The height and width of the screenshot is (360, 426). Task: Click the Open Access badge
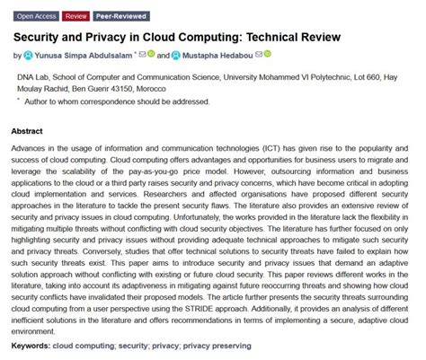(35, 16)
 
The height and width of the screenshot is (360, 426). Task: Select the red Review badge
(76, 16)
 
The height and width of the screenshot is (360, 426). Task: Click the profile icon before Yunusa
(27, 56)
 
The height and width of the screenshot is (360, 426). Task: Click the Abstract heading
(27, 131)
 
